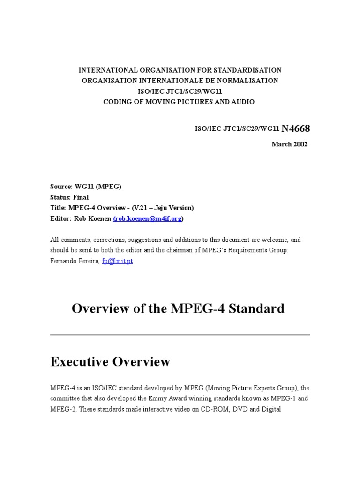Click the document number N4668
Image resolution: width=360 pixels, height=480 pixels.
tap(295, 128)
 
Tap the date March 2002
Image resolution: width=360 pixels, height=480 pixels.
tap(290, 144)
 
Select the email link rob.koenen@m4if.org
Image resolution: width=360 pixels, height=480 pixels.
tap(148, 218)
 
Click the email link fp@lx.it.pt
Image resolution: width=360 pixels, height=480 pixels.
tap(117, 261)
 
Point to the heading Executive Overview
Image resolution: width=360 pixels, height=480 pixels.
tap(110, 361)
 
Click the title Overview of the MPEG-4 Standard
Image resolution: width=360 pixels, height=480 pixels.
tap(178, 308)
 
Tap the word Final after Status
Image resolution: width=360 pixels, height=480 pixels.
tap(81, 197)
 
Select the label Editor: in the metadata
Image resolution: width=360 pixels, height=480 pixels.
tap(60, 218)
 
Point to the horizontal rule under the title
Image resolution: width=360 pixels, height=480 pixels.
tap(180, 335)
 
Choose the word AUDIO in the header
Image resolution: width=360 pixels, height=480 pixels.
tap(243, 102)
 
